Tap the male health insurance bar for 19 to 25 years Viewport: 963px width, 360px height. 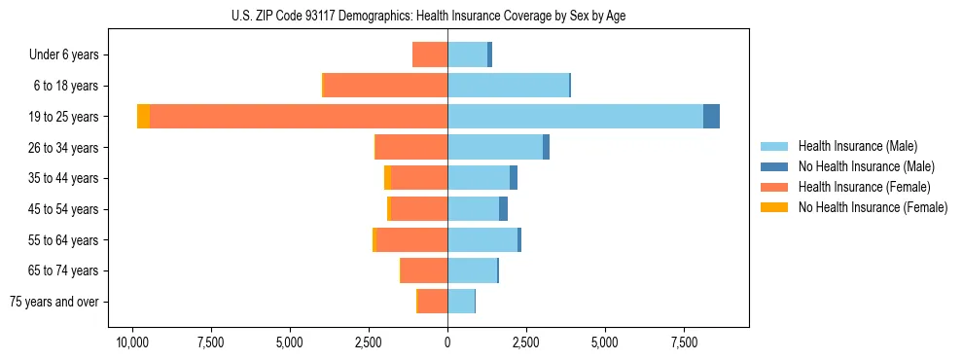[x=575, y=117]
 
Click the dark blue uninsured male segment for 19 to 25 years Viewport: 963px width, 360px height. [x=711, y=117]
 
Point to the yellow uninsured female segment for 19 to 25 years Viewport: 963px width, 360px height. [x=143, y=117]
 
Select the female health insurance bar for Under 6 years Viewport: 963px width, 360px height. [x=430, y=54]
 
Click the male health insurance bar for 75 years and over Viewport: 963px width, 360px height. [x=461, y=302]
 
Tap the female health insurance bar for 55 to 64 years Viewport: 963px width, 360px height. [x=411, y=240]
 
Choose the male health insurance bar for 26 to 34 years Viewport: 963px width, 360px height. [x=495, y=148]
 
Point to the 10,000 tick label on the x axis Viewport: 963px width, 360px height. [x=132, y=343]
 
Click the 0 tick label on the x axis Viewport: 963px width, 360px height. [x=447, y=343]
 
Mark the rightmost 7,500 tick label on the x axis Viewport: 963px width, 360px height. [x=684, y=343]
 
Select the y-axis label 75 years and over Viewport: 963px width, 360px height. [x=54, y=302]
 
